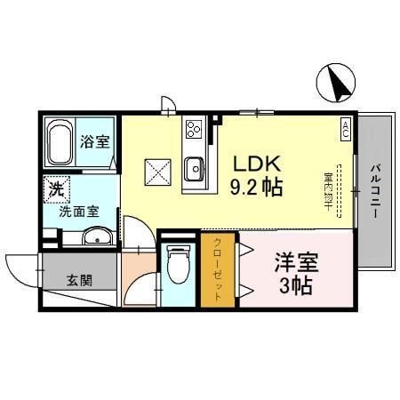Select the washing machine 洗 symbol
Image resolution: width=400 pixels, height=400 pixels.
point(55,189)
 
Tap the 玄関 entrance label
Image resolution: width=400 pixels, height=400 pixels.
point(77,278)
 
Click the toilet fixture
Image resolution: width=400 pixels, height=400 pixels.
point(177,265)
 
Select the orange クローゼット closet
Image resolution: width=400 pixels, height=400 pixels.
point(212,268)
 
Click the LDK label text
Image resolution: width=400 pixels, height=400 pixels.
point(258,164)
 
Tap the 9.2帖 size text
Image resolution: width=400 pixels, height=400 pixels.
point(258,188)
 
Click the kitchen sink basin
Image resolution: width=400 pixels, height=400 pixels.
point(194,166)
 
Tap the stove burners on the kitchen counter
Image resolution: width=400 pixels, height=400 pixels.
point(194,132)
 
